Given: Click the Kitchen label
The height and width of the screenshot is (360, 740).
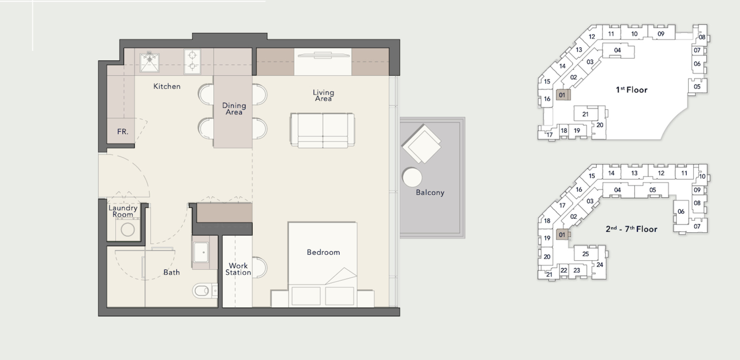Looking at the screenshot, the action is (167, 86).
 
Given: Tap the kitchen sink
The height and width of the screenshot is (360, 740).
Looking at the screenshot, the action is (149, 62).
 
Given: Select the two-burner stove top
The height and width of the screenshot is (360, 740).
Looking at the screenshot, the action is (192, 61).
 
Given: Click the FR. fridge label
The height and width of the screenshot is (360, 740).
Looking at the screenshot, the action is (123, 132).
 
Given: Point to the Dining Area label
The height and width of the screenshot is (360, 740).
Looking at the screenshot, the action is (234, 109).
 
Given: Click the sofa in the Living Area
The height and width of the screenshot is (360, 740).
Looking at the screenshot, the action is (322, 130).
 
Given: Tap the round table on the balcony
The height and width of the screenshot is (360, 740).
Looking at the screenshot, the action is (412, 177).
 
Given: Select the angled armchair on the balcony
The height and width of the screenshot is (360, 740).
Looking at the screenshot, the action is (421, 144).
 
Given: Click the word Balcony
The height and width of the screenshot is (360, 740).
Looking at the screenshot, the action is (430, 193).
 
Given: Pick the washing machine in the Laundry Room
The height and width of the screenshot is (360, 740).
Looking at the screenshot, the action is (128, 229).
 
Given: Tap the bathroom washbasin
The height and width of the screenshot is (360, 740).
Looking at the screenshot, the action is (201, 252).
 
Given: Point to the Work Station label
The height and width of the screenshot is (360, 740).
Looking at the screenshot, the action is (238, 269).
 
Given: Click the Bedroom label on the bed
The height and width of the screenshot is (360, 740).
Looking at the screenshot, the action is (323, 252).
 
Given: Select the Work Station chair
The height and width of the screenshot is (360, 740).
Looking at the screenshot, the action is (260, 267).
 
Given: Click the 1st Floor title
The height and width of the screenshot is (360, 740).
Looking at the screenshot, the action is (631, 90).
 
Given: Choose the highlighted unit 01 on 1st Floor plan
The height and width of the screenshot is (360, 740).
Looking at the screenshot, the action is (563, 95).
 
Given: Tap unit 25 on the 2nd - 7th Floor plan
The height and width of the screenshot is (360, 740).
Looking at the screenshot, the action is (586, 254).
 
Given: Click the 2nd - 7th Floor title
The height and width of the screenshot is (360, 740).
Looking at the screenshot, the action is (631, 229).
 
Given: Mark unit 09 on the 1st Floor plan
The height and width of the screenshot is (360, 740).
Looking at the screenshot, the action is (661, 34).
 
